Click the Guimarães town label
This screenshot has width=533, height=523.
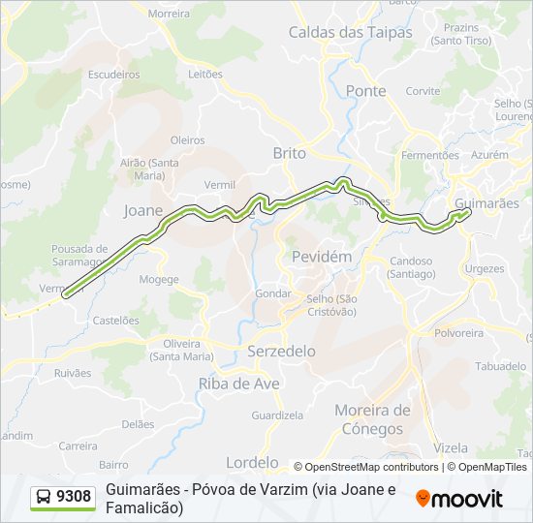486,203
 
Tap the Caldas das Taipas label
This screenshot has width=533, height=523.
350,32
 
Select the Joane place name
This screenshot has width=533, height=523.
143,209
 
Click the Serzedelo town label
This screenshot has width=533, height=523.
281,351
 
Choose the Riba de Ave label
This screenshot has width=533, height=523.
238,384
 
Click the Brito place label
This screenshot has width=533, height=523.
289,153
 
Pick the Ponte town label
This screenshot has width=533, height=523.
365,91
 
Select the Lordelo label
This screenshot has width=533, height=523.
251,462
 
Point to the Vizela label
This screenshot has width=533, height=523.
452,448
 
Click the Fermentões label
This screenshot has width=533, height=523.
429,155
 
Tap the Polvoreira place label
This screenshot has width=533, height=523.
458,332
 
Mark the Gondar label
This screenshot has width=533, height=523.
273,292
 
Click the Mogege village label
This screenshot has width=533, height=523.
159,280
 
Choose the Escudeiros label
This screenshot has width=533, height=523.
113,74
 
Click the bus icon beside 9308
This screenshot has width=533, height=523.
44,498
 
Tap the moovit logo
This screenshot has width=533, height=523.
459,499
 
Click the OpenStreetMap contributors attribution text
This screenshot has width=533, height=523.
366,467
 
